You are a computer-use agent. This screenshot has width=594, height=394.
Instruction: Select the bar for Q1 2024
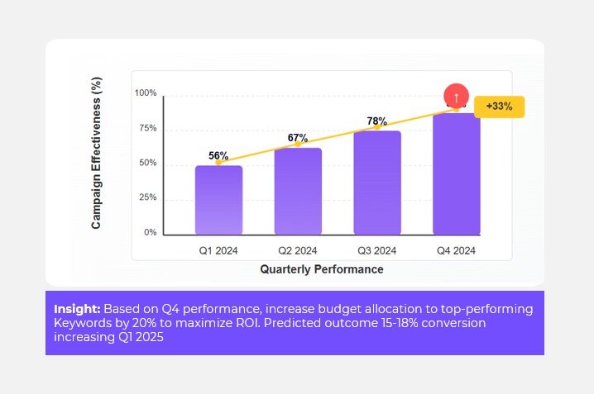[x=218, y=200]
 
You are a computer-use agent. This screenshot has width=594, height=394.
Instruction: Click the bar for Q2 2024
[x=298, y=191]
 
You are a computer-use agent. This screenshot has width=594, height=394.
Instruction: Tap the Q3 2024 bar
[x=377, y=183]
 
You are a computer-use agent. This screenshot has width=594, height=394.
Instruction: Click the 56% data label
[x=218, y=155]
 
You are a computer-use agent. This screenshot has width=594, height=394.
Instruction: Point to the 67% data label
[x=298, y=138]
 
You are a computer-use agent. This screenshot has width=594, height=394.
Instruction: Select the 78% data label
[x=377, y=121]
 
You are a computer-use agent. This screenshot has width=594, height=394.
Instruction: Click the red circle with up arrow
[x=456, y=97]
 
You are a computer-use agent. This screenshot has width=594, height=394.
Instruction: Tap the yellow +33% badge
[x=499, y=107]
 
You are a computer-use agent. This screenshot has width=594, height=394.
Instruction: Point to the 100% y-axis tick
[x=146, y=93]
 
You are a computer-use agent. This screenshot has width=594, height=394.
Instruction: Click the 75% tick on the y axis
[x=147, y=128]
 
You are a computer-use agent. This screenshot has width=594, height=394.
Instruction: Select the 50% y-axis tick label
[x=147, y=164]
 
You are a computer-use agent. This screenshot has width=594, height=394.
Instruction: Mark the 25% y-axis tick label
[x=147, y=197]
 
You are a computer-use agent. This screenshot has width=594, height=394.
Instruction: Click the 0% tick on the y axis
[x=151, y=233]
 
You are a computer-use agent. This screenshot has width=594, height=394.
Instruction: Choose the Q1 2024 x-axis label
[x=218, y=250]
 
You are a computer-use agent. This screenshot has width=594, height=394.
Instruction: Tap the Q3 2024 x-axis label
[x=377, y=250]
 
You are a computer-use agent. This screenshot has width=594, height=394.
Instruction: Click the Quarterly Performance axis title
[x=322, y=269]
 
